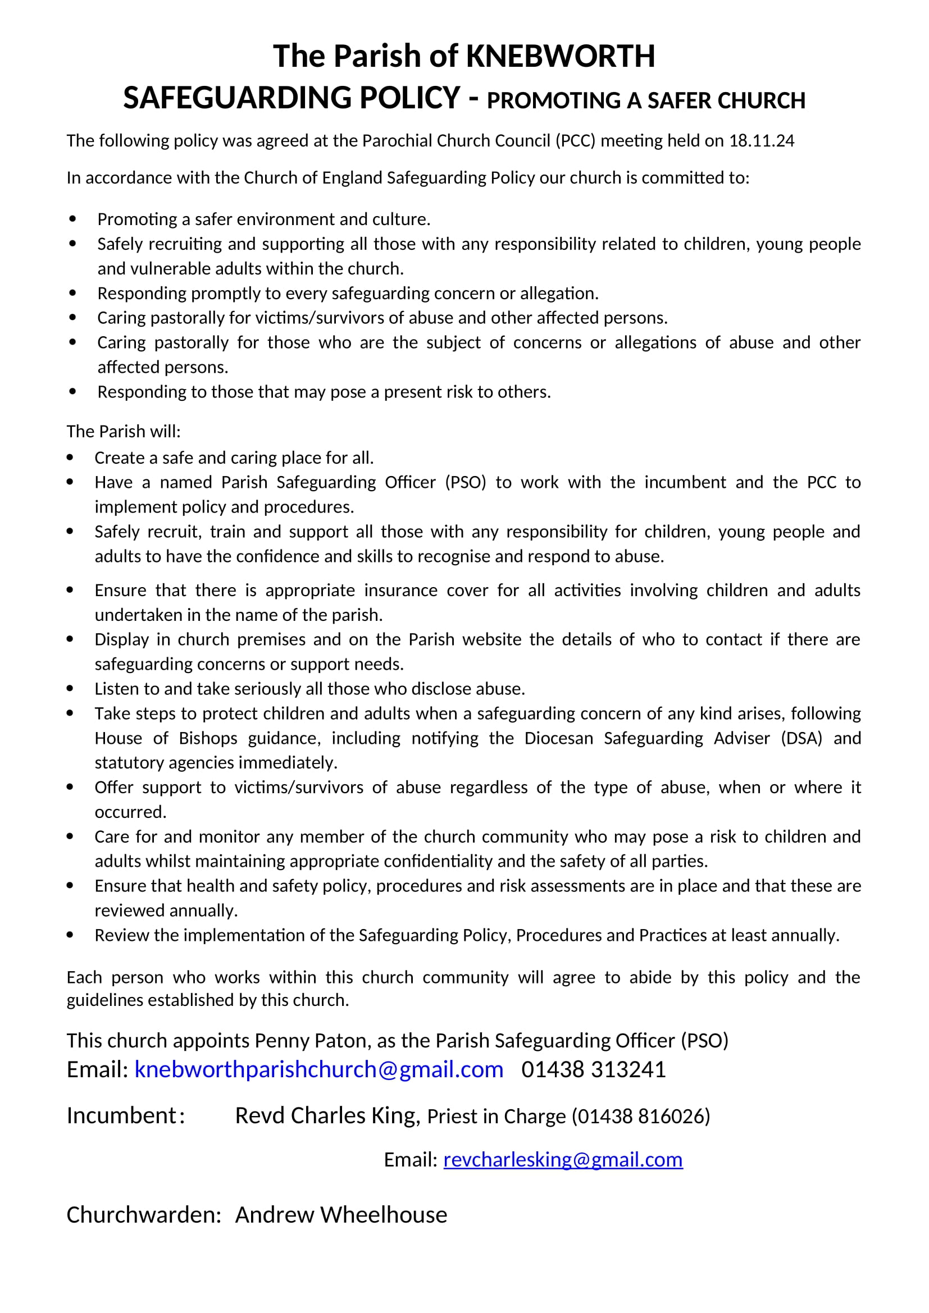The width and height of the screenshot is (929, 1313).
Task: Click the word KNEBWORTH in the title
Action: coord(560,57)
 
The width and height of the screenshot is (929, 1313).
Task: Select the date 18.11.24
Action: coord(761,141)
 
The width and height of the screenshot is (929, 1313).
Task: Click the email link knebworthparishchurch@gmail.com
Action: coord(318,1069)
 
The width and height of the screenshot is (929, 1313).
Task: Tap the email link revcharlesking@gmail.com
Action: coord(562,1159)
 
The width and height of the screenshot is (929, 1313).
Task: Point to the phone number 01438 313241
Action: coord(593,1069)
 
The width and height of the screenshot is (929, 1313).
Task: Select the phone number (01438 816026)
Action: coord(641,1117)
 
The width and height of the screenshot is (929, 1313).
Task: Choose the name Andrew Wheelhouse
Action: coord(341,1215)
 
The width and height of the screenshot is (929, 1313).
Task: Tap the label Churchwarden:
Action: coord(144,1215)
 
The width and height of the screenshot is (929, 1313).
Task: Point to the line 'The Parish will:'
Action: coord(124,431)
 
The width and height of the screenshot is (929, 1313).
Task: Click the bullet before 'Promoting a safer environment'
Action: coord(72,219)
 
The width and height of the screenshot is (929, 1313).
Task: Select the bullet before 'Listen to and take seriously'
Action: coord(70,689)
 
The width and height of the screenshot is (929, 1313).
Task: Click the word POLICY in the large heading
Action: coord(409,98)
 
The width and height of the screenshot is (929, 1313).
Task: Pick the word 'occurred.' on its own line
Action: coord(130,812)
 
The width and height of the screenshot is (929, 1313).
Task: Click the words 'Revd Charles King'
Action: coord(327,1116)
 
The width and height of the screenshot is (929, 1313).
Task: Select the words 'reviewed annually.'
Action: coord(166,911)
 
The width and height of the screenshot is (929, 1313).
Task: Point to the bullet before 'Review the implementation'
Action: coord(70,935)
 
